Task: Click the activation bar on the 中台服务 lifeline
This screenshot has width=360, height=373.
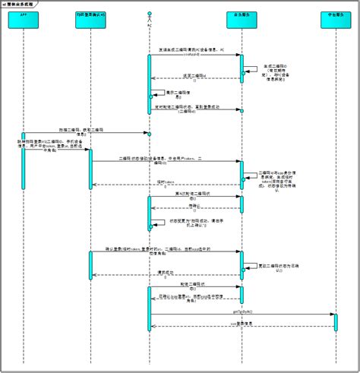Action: pyautogui.click(x=336, y=321)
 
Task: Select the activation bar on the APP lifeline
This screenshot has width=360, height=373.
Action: pyautogui.click(x=23, y=140)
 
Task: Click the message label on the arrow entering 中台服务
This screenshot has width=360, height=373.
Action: pyautogui.click(x=242, y=311)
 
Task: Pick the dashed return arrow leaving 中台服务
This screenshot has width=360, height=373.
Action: pyautogui.click(x=242, y=327)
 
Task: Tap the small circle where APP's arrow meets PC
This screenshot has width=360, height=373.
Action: pyautogui.click(x=150, y=134)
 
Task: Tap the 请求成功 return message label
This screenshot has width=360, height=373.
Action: pyautogui.click(x=166, y=272)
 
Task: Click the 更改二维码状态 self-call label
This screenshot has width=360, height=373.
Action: pyautogui.click(x=276, y=266)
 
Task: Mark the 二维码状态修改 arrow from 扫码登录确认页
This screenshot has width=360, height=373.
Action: pyautogui.click(x=166, y=162)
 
